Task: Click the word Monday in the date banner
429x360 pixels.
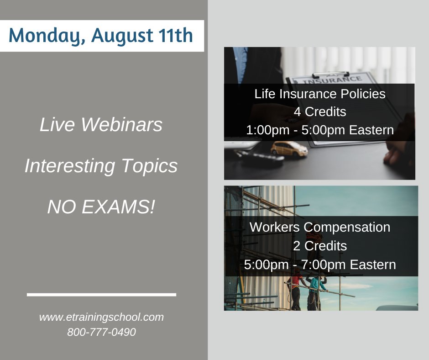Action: (43, 36)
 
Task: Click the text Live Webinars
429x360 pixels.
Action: (101, 125)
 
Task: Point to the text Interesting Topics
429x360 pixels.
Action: (101, 166)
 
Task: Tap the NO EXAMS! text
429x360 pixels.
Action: (101, 207)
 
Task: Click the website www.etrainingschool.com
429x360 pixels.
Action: (101, 317)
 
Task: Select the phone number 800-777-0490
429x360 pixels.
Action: (101, 332)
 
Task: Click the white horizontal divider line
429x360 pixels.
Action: (101, 295)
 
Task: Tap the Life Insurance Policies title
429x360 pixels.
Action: (320, 94)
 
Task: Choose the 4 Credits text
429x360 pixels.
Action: (320, 112)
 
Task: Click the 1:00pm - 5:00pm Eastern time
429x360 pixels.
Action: (320, 130)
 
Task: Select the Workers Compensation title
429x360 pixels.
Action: (320, 227)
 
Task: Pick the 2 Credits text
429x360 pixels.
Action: (320, 246)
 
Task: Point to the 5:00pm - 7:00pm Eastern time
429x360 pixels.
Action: (320, 265)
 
